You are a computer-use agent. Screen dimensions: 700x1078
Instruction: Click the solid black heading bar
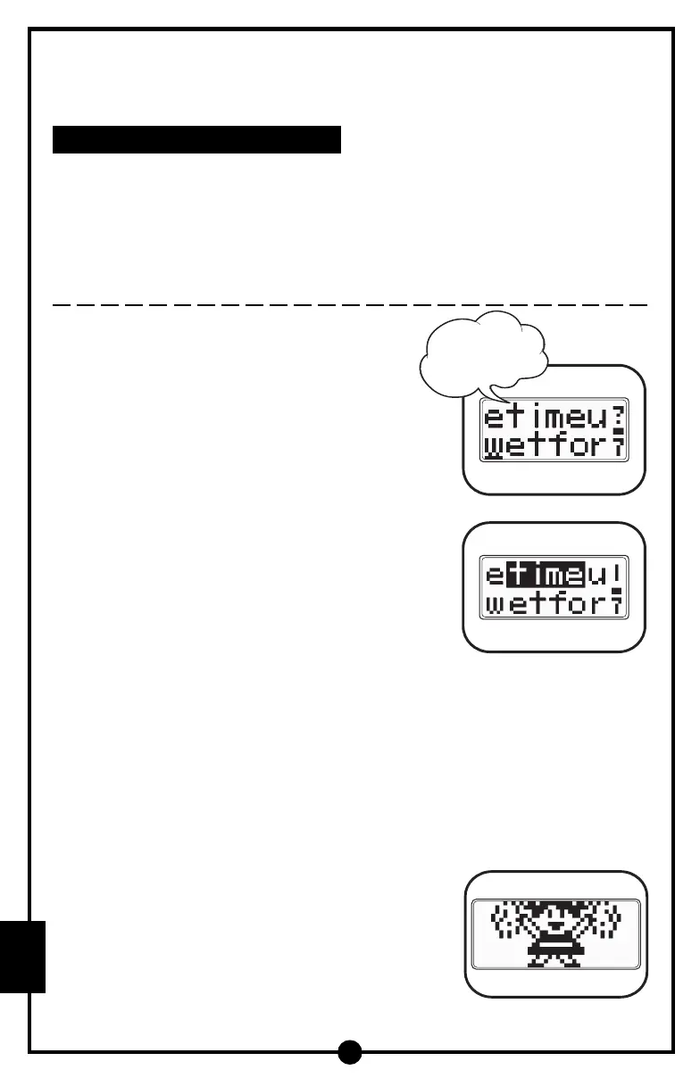point(196,139)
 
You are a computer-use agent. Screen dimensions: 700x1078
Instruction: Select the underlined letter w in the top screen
point(494,446)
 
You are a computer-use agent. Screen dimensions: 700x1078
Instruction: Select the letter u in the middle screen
point(596,576)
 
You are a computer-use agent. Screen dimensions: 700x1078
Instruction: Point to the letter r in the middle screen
point(599,606)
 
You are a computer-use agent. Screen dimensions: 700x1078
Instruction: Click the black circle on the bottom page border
point(350,1052)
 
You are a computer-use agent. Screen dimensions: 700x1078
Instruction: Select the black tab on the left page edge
point(23,957)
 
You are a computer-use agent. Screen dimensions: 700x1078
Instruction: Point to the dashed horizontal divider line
point(349,304)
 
